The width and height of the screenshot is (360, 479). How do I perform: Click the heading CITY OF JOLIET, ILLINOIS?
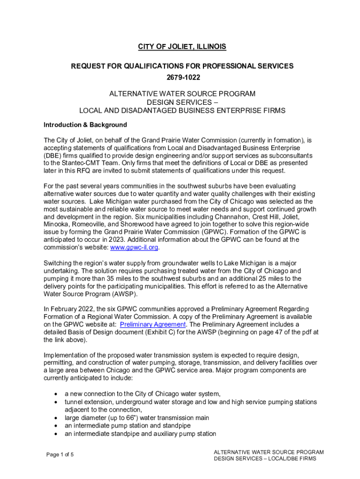click(x=182, y=47)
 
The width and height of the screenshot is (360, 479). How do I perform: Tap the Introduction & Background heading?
click(x=85, y=125)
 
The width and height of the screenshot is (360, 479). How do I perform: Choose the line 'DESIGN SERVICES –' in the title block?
click(x=182, y=102)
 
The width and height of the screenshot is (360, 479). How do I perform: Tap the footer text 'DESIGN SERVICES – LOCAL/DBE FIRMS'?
click(x=265, y=458)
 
